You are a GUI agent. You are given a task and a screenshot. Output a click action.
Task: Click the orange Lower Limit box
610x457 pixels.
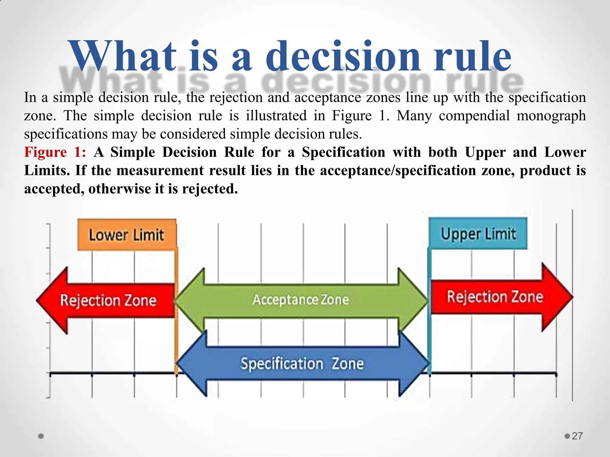(x=127, y=235)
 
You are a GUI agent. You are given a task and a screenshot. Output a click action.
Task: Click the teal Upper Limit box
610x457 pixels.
(x=478, y=234)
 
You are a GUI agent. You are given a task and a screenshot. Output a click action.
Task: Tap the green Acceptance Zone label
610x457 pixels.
(x=301, y=300)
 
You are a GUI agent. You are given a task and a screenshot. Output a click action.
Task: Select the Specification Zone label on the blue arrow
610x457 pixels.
(x=302, y=364)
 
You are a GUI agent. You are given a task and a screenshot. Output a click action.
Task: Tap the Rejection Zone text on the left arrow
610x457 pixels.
(x=108, y=300)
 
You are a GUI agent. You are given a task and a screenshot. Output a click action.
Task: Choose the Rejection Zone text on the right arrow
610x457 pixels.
(x=495, y=297)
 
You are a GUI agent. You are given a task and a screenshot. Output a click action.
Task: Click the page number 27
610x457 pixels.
(x=577, y=436)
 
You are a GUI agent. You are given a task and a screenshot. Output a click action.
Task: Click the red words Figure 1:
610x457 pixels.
(x=55, y=152)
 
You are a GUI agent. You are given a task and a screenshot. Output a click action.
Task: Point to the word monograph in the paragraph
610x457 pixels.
(x=551, y=116)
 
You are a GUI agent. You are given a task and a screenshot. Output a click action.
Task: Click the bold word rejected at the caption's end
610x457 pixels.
(x=210, y=189)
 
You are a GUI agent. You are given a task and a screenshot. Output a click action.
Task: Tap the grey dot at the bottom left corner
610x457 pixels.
(x=41, y=436)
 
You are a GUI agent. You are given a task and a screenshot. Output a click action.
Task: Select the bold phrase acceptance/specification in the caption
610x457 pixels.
(x=398, y=170)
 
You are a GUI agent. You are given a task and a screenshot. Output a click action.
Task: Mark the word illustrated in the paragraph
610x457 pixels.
(x=276, y=115)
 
